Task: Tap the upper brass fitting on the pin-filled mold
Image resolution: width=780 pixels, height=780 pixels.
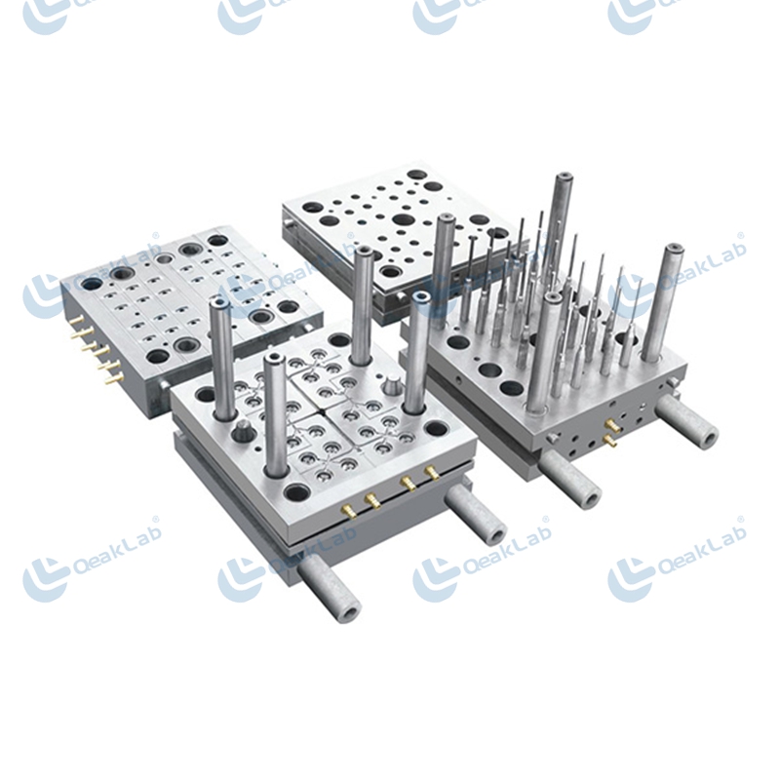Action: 612,426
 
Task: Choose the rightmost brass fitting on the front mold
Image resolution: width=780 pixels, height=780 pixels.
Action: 431,473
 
